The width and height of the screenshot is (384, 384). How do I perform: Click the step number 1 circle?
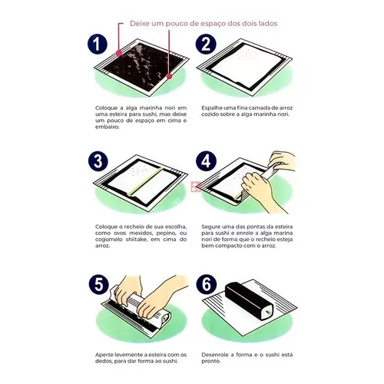click(97, 44)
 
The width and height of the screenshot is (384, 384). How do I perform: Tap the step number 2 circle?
click(206, 44)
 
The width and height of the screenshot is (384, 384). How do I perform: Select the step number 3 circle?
click(98, 161)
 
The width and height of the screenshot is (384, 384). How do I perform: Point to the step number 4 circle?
click(207, 161)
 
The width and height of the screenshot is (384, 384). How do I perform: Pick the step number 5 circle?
click(99, 284)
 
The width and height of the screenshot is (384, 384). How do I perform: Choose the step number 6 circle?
click(207, 284)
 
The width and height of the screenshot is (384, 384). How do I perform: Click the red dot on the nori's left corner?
click(119, 53)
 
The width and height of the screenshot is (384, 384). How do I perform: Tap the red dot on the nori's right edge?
click(169, 76)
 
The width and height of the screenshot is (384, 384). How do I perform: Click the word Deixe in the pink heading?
click(139, 24)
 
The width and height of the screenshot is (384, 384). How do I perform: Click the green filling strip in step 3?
click(146, 181)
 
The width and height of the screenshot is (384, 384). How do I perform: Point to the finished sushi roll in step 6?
click(249, 300)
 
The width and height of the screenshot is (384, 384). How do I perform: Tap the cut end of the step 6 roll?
click(266, 312)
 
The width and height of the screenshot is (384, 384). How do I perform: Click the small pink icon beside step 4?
click(196, 187)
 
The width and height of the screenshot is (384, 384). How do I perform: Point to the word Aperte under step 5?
click(104, 355)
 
